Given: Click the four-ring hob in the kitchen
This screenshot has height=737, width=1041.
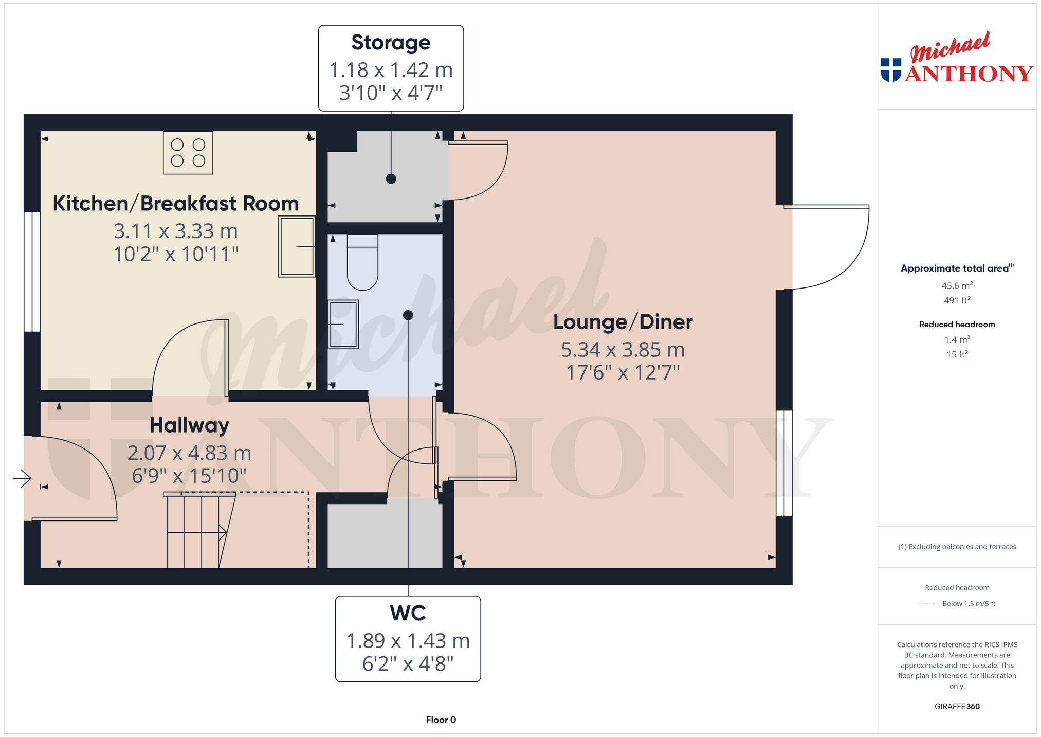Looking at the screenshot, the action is (188, 153).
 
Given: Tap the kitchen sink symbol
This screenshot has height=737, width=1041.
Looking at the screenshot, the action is (297, 246).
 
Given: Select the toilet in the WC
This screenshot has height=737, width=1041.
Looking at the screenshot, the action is (363, 262).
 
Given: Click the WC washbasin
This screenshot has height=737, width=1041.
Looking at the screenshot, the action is (343, 325).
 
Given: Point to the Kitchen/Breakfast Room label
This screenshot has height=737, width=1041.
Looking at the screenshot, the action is (176, 204).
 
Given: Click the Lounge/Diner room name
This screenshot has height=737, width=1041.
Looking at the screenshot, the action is (623, 322).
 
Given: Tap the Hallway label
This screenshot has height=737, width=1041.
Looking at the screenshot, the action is (189, 425).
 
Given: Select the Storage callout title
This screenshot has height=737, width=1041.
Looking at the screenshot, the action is (391, 43).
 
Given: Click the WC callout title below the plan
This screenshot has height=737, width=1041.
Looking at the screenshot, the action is (408, 613).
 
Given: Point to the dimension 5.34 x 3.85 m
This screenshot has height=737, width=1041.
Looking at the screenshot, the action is (623, 350).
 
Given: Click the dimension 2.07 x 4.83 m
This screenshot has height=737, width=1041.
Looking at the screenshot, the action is (189, 453).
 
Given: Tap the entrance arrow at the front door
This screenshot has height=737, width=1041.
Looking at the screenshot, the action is (22, 478).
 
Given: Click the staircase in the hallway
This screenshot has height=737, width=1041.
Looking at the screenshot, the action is (200, 530).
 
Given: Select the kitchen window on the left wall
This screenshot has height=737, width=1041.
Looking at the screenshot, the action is (32, 272).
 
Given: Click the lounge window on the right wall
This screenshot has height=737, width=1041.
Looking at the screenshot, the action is (784, 463).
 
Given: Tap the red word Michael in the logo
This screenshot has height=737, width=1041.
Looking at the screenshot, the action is (950, 47).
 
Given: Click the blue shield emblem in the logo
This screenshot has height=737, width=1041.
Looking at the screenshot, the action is (891, 70).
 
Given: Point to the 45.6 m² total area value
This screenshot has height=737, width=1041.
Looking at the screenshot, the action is (957, 285).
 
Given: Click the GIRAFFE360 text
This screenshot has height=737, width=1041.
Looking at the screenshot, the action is (957, 706).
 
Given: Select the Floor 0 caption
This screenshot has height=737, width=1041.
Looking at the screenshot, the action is (441, 720).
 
